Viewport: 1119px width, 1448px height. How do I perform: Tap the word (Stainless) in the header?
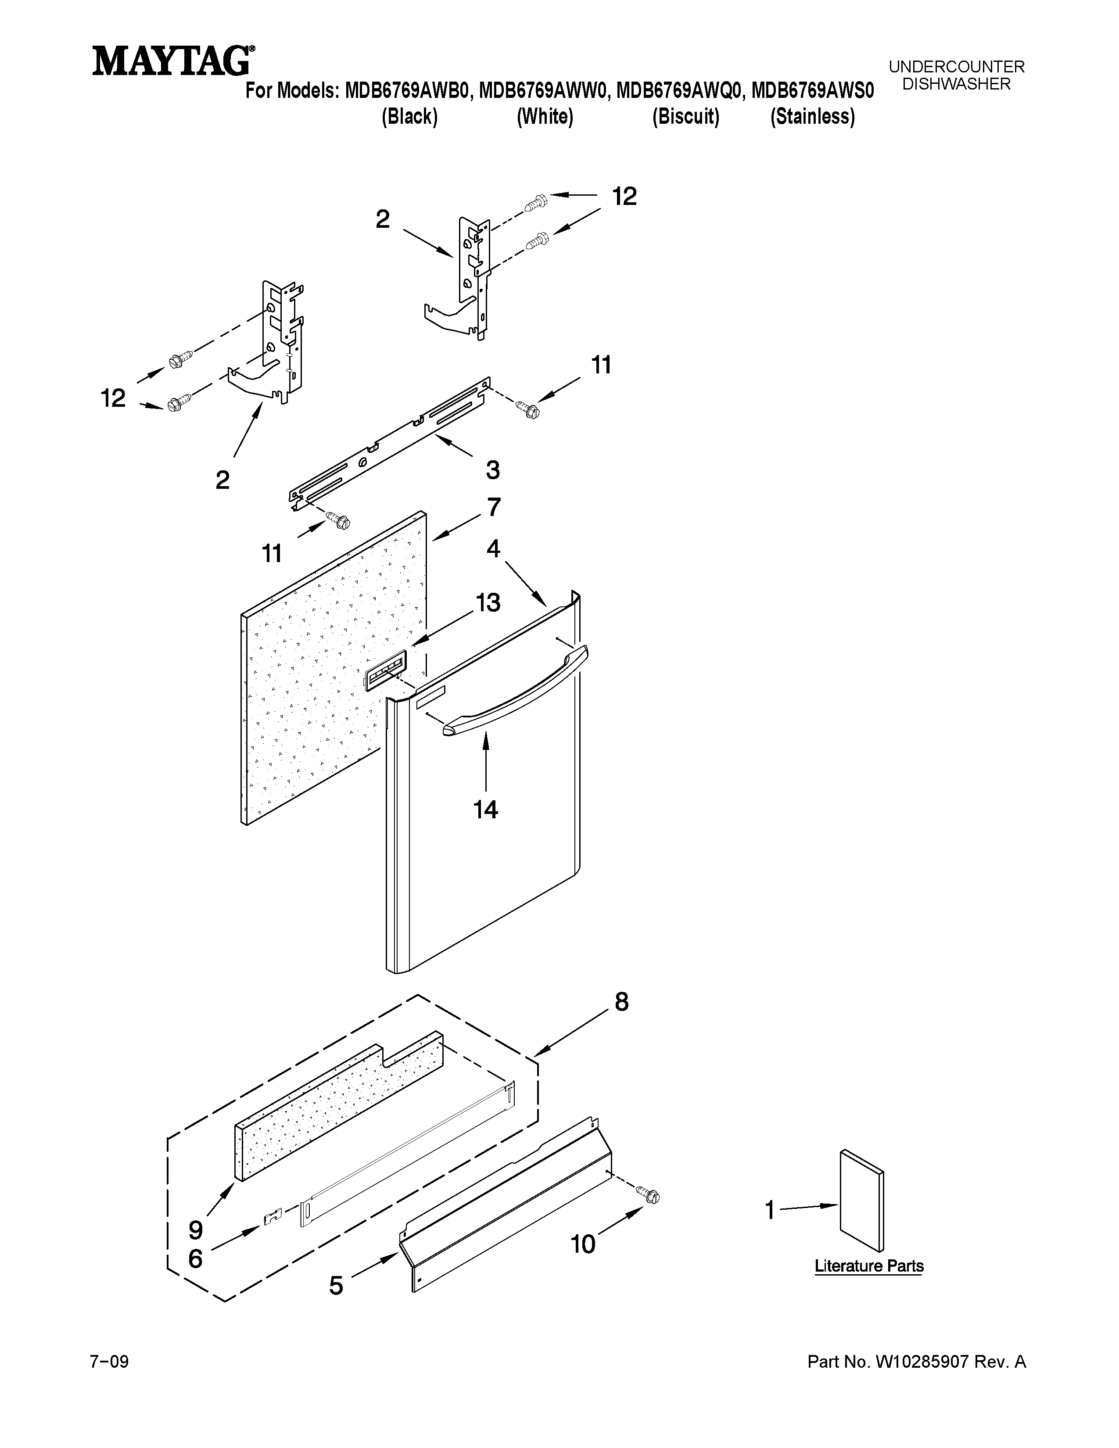pos(812,117)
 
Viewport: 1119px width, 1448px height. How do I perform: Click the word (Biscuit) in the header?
pos(685,117)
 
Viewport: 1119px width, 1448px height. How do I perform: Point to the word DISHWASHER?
pos(957,84)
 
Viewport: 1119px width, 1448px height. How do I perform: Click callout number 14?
pos(485,810)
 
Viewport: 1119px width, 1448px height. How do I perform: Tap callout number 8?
pos(621,1002)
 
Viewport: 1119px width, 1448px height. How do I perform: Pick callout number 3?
pos(492,470)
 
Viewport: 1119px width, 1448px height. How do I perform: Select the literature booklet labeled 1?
pos(861,1200)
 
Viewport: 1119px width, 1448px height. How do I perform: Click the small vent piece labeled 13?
pos(384,674)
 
